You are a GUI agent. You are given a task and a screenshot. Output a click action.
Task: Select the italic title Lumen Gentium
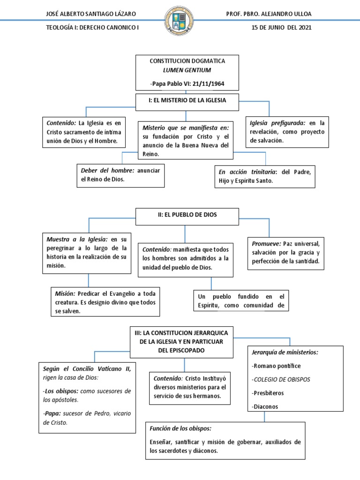(x=187, y=70)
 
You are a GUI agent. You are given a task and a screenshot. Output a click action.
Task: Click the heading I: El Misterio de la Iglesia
(x=187, y=100)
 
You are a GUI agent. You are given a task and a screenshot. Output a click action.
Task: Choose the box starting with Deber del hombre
(x=120, y=175)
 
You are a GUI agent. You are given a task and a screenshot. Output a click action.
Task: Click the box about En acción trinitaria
(x=264, y=176)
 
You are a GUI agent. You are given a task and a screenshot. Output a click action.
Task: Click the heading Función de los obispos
(x=180, y=428)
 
